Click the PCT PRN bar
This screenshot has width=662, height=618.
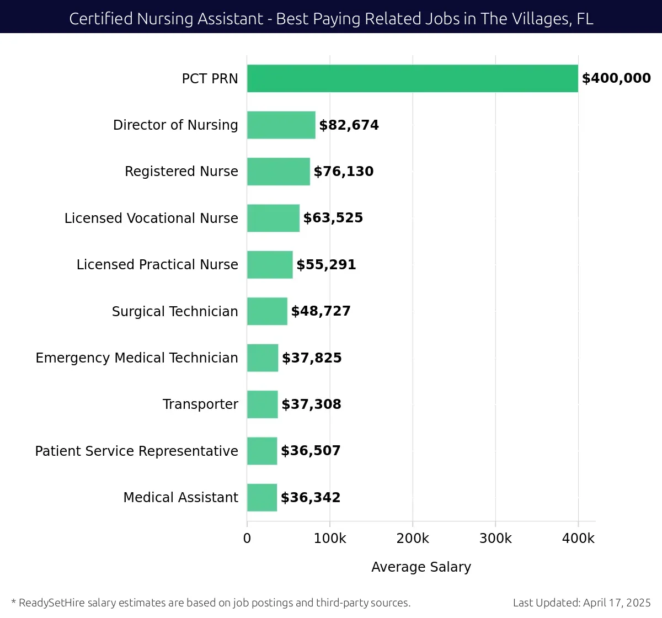pos(412,78)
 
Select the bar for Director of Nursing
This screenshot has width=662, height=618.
pos(281,125)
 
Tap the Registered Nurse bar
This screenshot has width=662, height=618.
pos(279,172)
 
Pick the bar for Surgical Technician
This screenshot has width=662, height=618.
pos(267,311)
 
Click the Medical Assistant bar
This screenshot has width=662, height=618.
pos(262,498)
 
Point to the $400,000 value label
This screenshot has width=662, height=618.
pos(616,78)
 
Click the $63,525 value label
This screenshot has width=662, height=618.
pos(333,218)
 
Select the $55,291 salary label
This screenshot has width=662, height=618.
pos(326,265)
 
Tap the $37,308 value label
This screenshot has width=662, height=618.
pos(311,404)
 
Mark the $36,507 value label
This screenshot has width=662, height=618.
pos(311,451)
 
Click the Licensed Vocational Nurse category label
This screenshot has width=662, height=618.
pos(151,219)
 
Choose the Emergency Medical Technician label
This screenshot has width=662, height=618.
pos(137,358)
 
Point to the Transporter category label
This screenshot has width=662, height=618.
pos(200,404)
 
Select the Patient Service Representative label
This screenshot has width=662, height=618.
pos(136,451)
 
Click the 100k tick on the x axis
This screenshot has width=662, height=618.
pos(330,539)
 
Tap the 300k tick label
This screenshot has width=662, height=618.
pos(495,539)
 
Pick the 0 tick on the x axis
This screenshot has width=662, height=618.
pos(247,539)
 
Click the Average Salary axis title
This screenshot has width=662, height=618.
pos(421,567)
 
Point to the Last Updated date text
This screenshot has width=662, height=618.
pos(581,603)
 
